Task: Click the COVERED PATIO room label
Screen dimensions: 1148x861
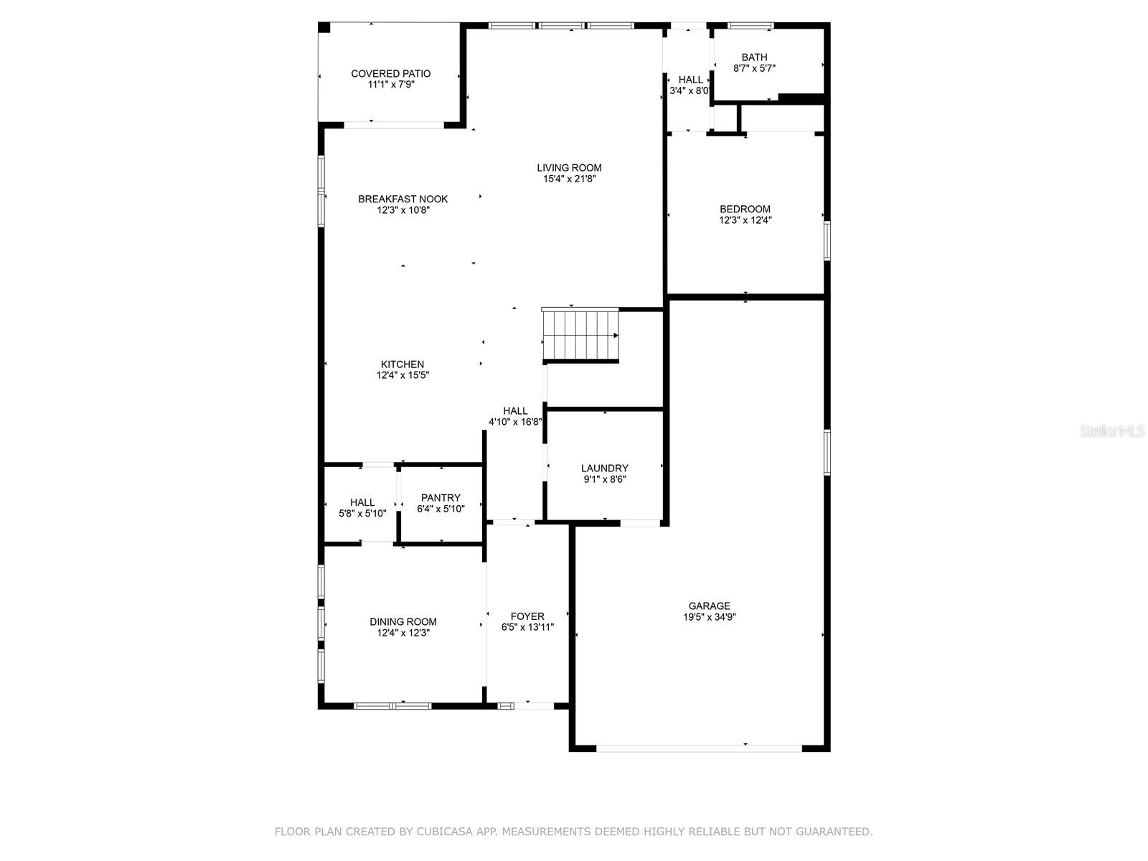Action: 391,74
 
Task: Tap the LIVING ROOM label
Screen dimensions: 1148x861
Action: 569,168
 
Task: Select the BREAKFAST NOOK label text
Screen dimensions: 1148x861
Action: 403,199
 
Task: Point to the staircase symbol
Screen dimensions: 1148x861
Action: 580,335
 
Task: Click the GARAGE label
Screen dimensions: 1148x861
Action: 709,606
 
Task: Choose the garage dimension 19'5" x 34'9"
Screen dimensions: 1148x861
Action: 709,617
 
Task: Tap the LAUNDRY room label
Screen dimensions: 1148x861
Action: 605,469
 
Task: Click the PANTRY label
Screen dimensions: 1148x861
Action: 441,498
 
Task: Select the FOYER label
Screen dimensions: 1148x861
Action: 527,616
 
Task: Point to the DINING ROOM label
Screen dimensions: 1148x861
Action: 403,621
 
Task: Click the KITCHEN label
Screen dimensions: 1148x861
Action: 403,364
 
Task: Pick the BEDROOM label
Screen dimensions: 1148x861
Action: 745,209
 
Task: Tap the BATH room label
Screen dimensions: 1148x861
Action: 754,57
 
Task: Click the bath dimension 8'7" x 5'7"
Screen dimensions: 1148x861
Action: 754,68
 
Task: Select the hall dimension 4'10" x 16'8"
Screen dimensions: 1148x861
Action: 515,422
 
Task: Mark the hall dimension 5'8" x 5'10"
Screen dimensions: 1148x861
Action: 362,513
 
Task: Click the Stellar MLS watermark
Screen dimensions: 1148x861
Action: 1112,430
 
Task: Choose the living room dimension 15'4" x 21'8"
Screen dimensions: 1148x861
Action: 569,179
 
